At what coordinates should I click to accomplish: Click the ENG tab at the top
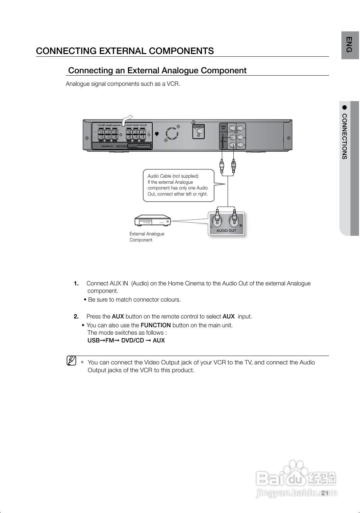coord(350,45)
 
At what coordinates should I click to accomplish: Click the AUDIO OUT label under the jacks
coord(226,231)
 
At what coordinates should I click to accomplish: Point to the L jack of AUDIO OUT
coord(216,222)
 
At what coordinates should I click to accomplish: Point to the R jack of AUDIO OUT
coord(234,222)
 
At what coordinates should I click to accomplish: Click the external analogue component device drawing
coord(153,220)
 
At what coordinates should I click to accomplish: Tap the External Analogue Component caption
coord(147,237)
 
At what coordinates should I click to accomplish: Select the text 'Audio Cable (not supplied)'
coord(173,176)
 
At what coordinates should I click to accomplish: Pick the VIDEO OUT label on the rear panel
coord(223,127)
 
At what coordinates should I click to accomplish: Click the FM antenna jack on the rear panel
coord(200,131)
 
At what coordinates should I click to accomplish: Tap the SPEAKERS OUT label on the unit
coord(107,147)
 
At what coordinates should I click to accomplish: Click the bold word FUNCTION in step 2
coord(155,325)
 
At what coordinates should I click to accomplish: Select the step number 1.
coord(76,283)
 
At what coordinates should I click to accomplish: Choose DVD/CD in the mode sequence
coord(132,340)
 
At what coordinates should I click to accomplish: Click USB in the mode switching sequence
coord(93,340)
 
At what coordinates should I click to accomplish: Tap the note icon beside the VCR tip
coord(71,361)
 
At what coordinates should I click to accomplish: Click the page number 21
coord(325,493)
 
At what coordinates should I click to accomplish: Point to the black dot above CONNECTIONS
coord(344,107)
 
